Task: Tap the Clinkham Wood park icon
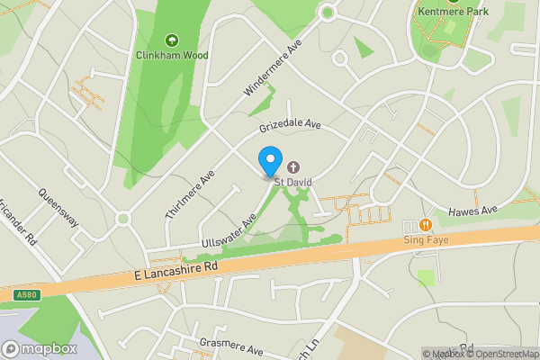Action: (x=172, y=40)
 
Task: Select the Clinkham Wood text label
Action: (x=172, y=56)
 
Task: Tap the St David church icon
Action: (x=293, y=166)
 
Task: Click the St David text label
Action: (x=293, y=182)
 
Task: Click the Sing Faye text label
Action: (x=426, y=240)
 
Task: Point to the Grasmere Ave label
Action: (x=231, y=346)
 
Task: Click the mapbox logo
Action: (x=40, y=348)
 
